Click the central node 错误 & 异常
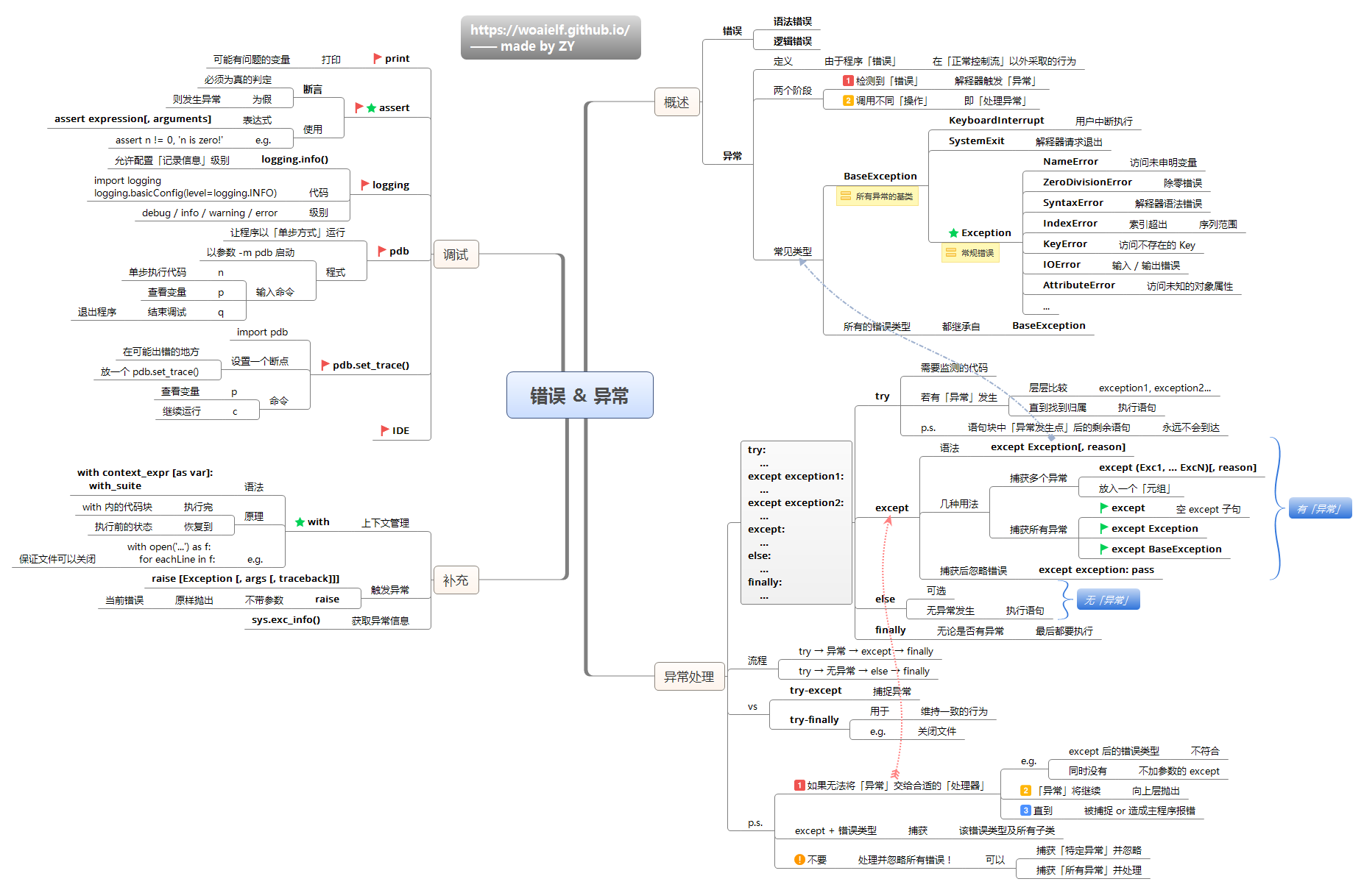point(579,395)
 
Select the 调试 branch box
point(456,254)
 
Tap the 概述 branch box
point(676,102)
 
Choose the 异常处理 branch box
point(688,676)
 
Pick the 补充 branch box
point(456,580)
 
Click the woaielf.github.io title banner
point(551,38)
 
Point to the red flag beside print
point(378,58)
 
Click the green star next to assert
point(371,107)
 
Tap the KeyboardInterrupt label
point(996,121)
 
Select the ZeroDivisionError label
point(1086,182)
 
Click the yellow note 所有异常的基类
point(877,196)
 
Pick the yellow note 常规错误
point(970,253)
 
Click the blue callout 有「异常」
point(1320,508)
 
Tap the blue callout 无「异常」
point(1107,599)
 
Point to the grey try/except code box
point(796,522)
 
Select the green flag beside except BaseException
point(1104,549)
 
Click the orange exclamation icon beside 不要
point(799,859)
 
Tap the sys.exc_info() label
point(286,620)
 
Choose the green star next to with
point(300,522)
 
